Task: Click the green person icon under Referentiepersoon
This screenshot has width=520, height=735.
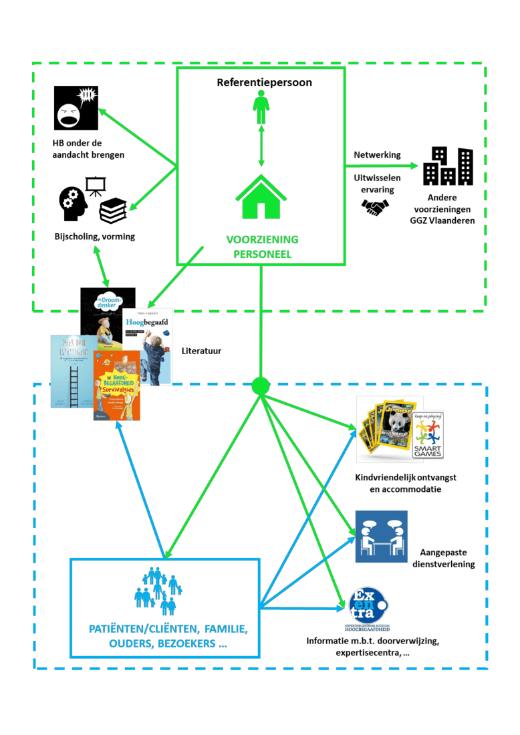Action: coord(261,108)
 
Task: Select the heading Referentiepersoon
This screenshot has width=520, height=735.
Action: coord(260,83)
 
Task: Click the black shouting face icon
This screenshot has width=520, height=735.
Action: coord(76,108)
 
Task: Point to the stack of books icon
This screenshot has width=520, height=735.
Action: coord(112,211)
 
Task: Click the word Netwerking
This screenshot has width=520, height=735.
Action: coord(377,154)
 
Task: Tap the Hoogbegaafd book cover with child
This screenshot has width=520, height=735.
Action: coord(148,346)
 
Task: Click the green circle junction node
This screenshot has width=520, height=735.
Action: coord(260,386)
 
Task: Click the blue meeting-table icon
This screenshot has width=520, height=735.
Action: coord(381,537)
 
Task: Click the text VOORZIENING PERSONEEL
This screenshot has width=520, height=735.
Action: coord(262,246)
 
